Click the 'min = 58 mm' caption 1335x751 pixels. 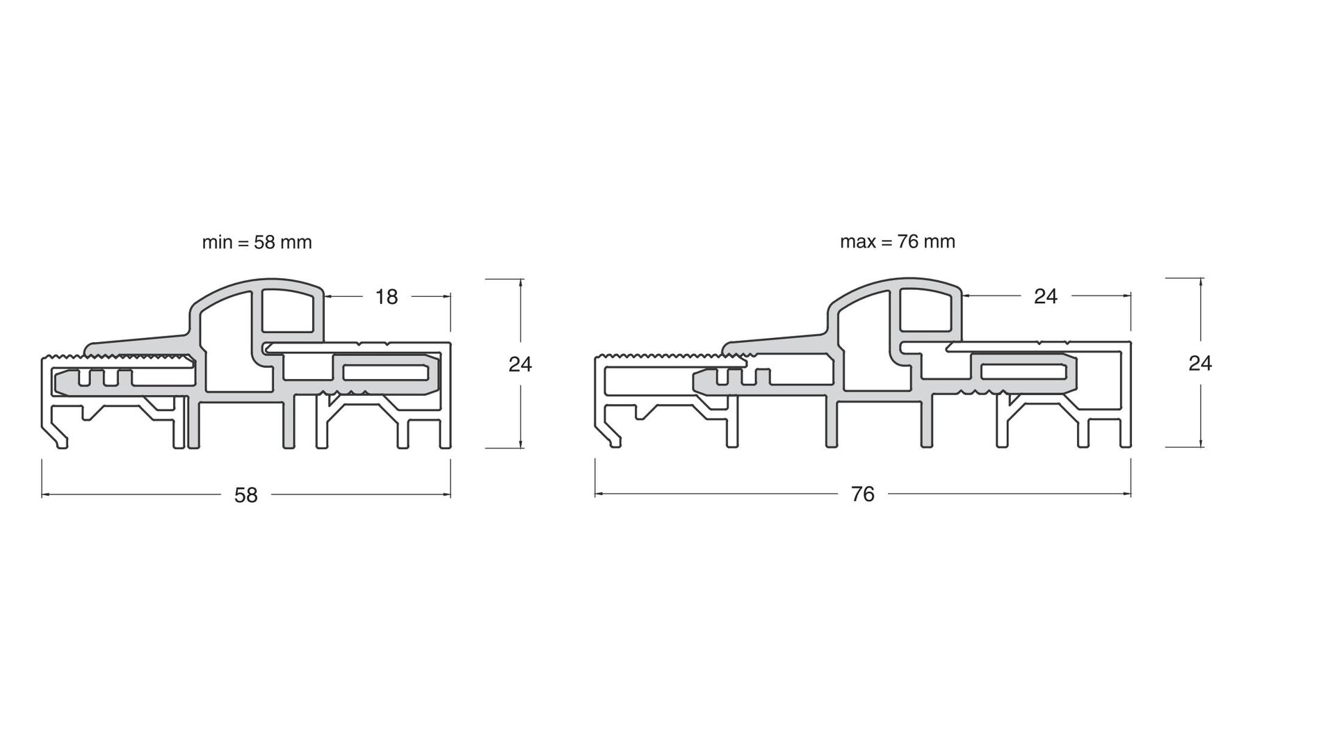coord(257,243)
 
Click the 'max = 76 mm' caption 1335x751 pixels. coord(897,242)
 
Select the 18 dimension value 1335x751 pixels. coord(387,297)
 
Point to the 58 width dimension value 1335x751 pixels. coord(246,495)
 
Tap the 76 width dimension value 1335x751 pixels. coord(862,494)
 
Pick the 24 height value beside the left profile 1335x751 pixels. coord(520,364)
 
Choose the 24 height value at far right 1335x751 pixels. coord(1200,364)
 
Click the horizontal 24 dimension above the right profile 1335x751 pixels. coord(1045,297)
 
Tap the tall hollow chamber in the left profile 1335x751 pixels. coord(226,348)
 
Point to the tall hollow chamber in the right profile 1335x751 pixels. coord(864,348)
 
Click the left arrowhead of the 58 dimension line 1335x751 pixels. coord(44,494)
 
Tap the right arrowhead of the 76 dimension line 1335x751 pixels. coord(1128,494)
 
